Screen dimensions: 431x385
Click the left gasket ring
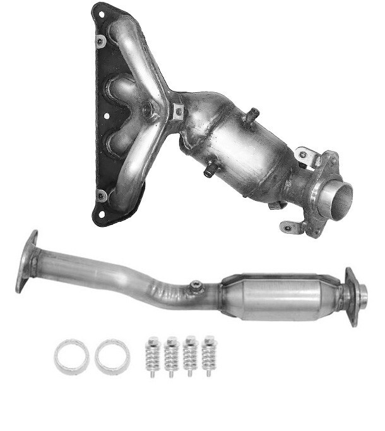[71, 357]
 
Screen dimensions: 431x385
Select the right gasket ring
[112, 357]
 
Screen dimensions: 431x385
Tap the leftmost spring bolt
[151, 357]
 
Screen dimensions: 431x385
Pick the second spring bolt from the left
[170, 358]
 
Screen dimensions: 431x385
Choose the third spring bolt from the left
[189, 357]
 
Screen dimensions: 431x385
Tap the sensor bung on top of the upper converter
[253, 116]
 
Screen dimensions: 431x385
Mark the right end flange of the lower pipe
[352, 296]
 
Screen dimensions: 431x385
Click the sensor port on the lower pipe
[196, 286]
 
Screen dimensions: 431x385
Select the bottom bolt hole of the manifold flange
[101, 195]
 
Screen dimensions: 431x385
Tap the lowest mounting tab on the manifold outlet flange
[288, 226]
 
